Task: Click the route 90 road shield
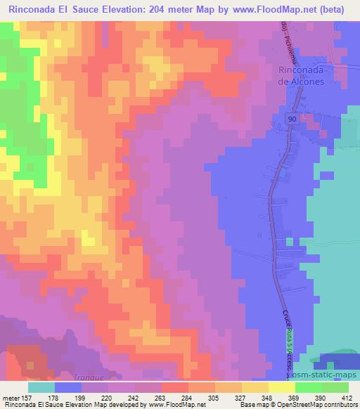point(292,119)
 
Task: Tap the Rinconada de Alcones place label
point(301,75)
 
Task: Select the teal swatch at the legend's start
point(41,387)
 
